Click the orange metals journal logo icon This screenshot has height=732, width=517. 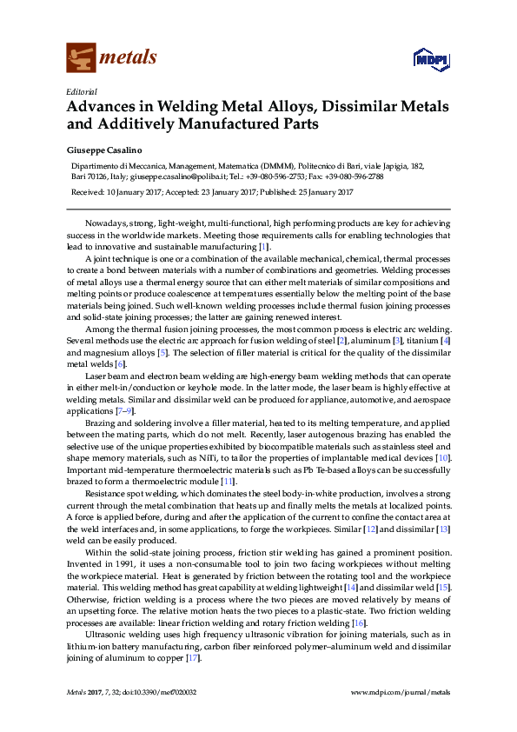[81, 58]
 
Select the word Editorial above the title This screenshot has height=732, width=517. [81, 91]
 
